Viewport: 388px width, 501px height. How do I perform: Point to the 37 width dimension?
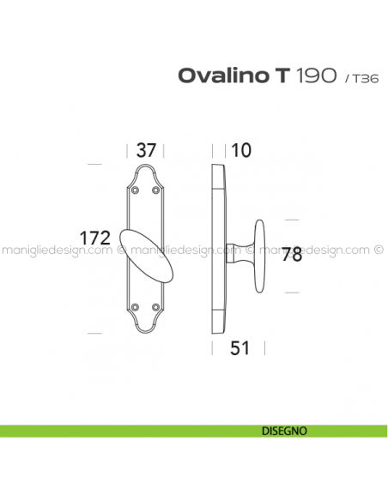pyautogui.click(x=147, y=150)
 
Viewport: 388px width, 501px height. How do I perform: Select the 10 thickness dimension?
pyautogui.click(x=241, y=150)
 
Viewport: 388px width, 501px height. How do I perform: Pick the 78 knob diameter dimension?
pyautogui.click(x=293, y=255)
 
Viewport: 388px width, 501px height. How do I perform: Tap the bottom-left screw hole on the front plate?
pyautogui.click(x=136, y=306)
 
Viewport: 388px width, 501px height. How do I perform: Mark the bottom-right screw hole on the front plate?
pyautogui.click(x=158, y=306)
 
